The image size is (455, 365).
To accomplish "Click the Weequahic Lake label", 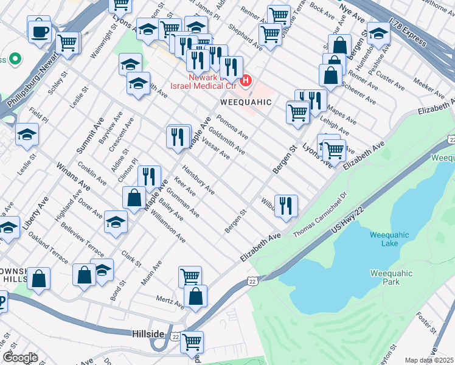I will point(384,238).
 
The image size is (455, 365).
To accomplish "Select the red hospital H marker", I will point(246,80).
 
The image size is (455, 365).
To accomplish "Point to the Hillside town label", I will point(148,335).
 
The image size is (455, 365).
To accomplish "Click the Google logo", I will point(20,358).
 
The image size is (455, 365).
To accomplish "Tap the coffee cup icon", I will point(39,30).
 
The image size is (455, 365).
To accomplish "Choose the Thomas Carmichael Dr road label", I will point(320,215).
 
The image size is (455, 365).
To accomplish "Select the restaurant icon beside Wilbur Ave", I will point(286,205).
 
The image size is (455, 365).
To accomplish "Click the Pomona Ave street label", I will point(232,126).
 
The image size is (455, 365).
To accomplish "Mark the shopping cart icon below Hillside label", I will point(192,342).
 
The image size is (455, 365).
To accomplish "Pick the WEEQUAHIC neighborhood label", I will point(245,102).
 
